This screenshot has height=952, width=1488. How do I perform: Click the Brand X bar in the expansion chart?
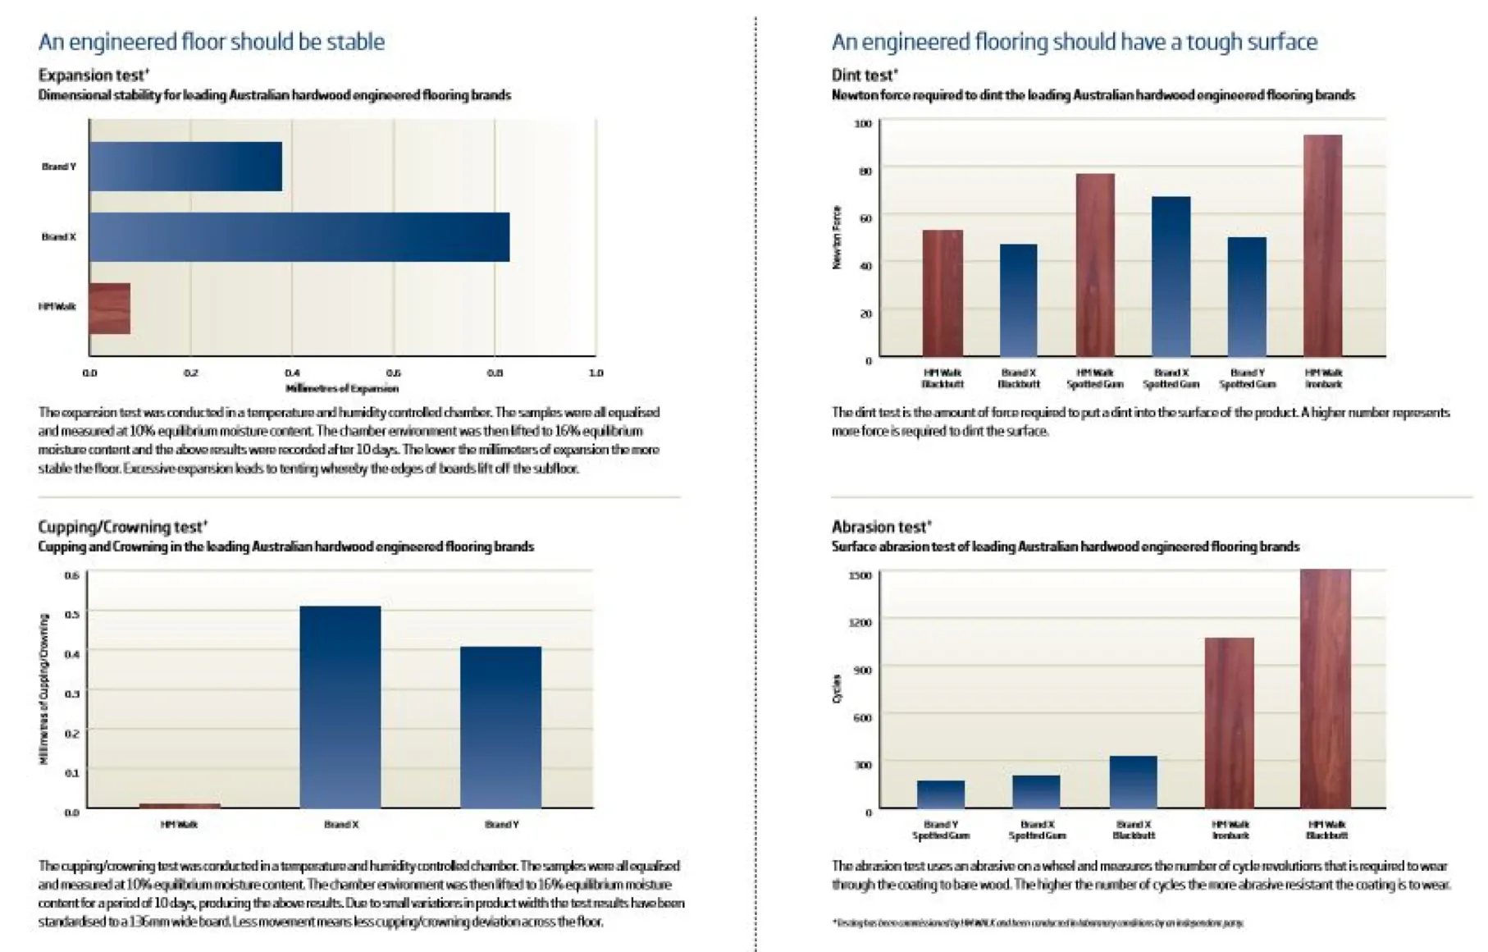point(299,237)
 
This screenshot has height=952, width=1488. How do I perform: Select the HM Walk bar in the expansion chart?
point(110,309)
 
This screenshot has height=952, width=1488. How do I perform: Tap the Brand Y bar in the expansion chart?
point(186,167)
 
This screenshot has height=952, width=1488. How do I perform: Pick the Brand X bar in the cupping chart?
point(340,707)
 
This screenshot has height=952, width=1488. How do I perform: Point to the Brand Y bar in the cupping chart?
point(501,727)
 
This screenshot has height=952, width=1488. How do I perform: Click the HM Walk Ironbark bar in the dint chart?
point(1322,246)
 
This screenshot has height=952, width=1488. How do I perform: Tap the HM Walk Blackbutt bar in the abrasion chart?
point(1326,689)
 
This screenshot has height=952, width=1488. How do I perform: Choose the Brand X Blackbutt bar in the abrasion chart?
point(1134,782)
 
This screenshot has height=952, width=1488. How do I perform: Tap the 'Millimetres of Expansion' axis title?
point(342,388)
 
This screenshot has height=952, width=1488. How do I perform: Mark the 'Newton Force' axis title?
point(837,237)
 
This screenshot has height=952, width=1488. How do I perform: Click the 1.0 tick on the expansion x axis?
point(596,373)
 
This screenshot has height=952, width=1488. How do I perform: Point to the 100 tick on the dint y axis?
point(863,124)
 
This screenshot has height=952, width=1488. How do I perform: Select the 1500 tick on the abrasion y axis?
point(860,575)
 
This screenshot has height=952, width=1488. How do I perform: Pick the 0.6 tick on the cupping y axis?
point(72,575)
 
